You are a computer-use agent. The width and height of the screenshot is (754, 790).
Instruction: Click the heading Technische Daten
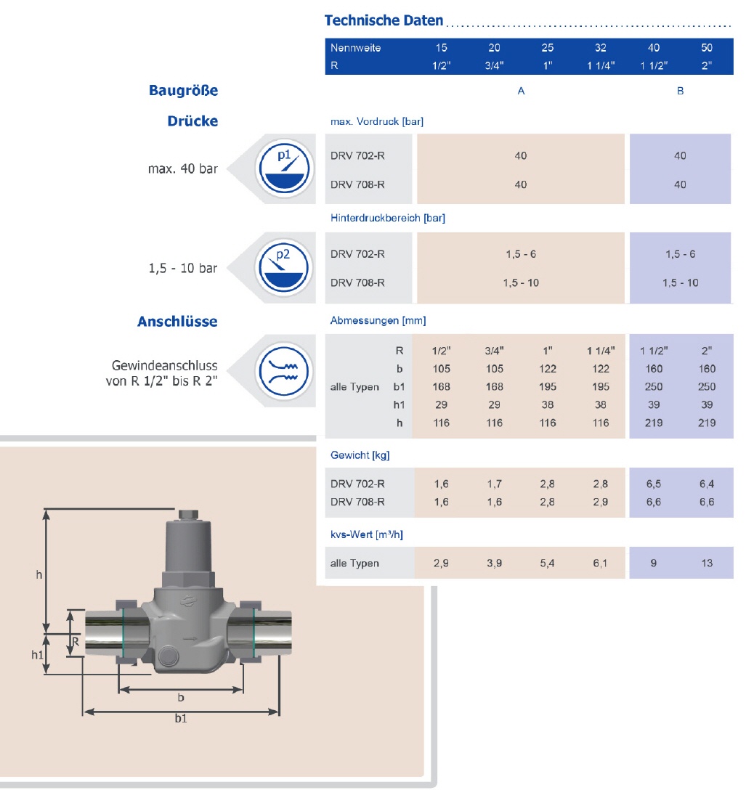tap(384, 20)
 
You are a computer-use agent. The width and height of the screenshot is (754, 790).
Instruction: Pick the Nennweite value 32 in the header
tap(600, 48)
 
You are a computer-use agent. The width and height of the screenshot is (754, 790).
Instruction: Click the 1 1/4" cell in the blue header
tap(600, 65)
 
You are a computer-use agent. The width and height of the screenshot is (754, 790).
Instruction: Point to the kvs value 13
tap(707, 563)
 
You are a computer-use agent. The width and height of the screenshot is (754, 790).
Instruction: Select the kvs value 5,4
tap(548, 563)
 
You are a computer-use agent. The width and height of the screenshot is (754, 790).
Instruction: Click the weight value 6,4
tap(707, 484)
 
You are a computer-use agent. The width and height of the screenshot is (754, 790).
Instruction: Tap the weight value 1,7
tap(494, 484)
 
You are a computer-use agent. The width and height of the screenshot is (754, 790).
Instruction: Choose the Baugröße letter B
tap(680, 91)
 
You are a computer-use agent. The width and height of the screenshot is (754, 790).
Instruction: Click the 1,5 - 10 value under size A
tap(521, 282)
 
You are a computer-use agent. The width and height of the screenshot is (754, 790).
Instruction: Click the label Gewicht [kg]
tap(360, 455)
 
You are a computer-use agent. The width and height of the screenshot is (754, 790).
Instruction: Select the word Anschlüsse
tap(177, 321)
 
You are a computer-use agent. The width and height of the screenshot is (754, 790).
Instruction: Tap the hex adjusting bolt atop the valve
tap(187, 516)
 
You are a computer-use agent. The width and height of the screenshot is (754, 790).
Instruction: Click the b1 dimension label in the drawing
tap(180, 719)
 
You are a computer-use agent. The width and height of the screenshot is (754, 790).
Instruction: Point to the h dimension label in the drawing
tap(39, 575)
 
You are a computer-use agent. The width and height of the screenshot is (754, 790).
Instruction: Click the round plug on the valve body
tap(167, 655)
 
